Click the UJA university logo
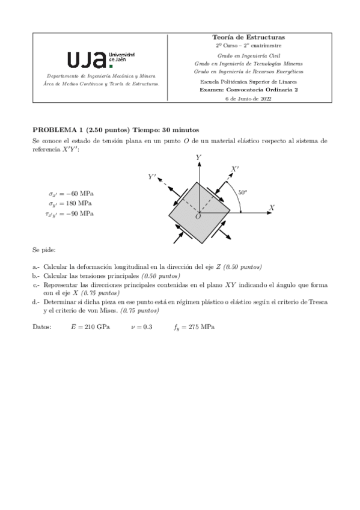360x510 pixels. (x=100, y=59)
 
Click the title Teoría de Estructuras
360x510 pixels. (x=248, y=37)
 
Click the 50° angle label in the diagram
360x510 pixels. (x=243, y=192)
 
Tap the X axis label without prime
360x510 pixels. (x=272, y=207)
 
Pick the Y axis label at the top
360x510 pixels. (x=198, y=157)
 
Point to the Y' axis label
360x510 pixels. (x=153, y=177)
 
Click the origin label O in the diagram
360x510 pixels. (x=197, y=217)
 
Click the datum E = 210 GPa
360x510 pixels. (x=90, y=327)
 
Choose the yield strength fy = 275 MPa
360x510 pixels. (x=194, y=327)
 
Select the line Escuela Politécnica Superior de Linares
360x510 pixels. (x=248, y=81)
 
